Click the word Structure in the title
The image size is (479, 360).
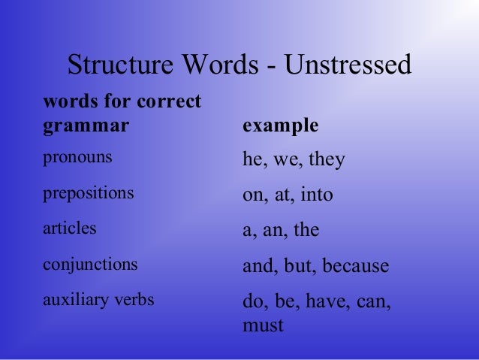coord(121,65)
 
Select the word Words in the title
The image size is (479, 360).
coord(221,65)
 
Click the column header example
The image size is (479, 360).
coord(281,126)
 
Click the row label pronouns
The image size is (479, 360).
coord(78,159)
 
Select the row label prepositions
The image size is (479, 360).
coord(89,193)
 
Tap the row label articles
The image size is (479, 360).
coord(70,228)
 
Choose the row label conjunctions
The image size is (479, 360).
coord(91,265)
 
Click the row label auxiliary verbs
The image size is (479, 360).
coord(99,301)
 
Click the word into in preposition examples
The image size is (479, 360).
coord(316,195)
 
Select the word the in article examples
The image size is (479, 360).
coord(306,231)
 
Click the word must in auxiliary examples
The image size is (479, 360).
coord(263,326)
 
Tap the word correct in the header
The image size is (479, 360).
coord(170,101)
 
